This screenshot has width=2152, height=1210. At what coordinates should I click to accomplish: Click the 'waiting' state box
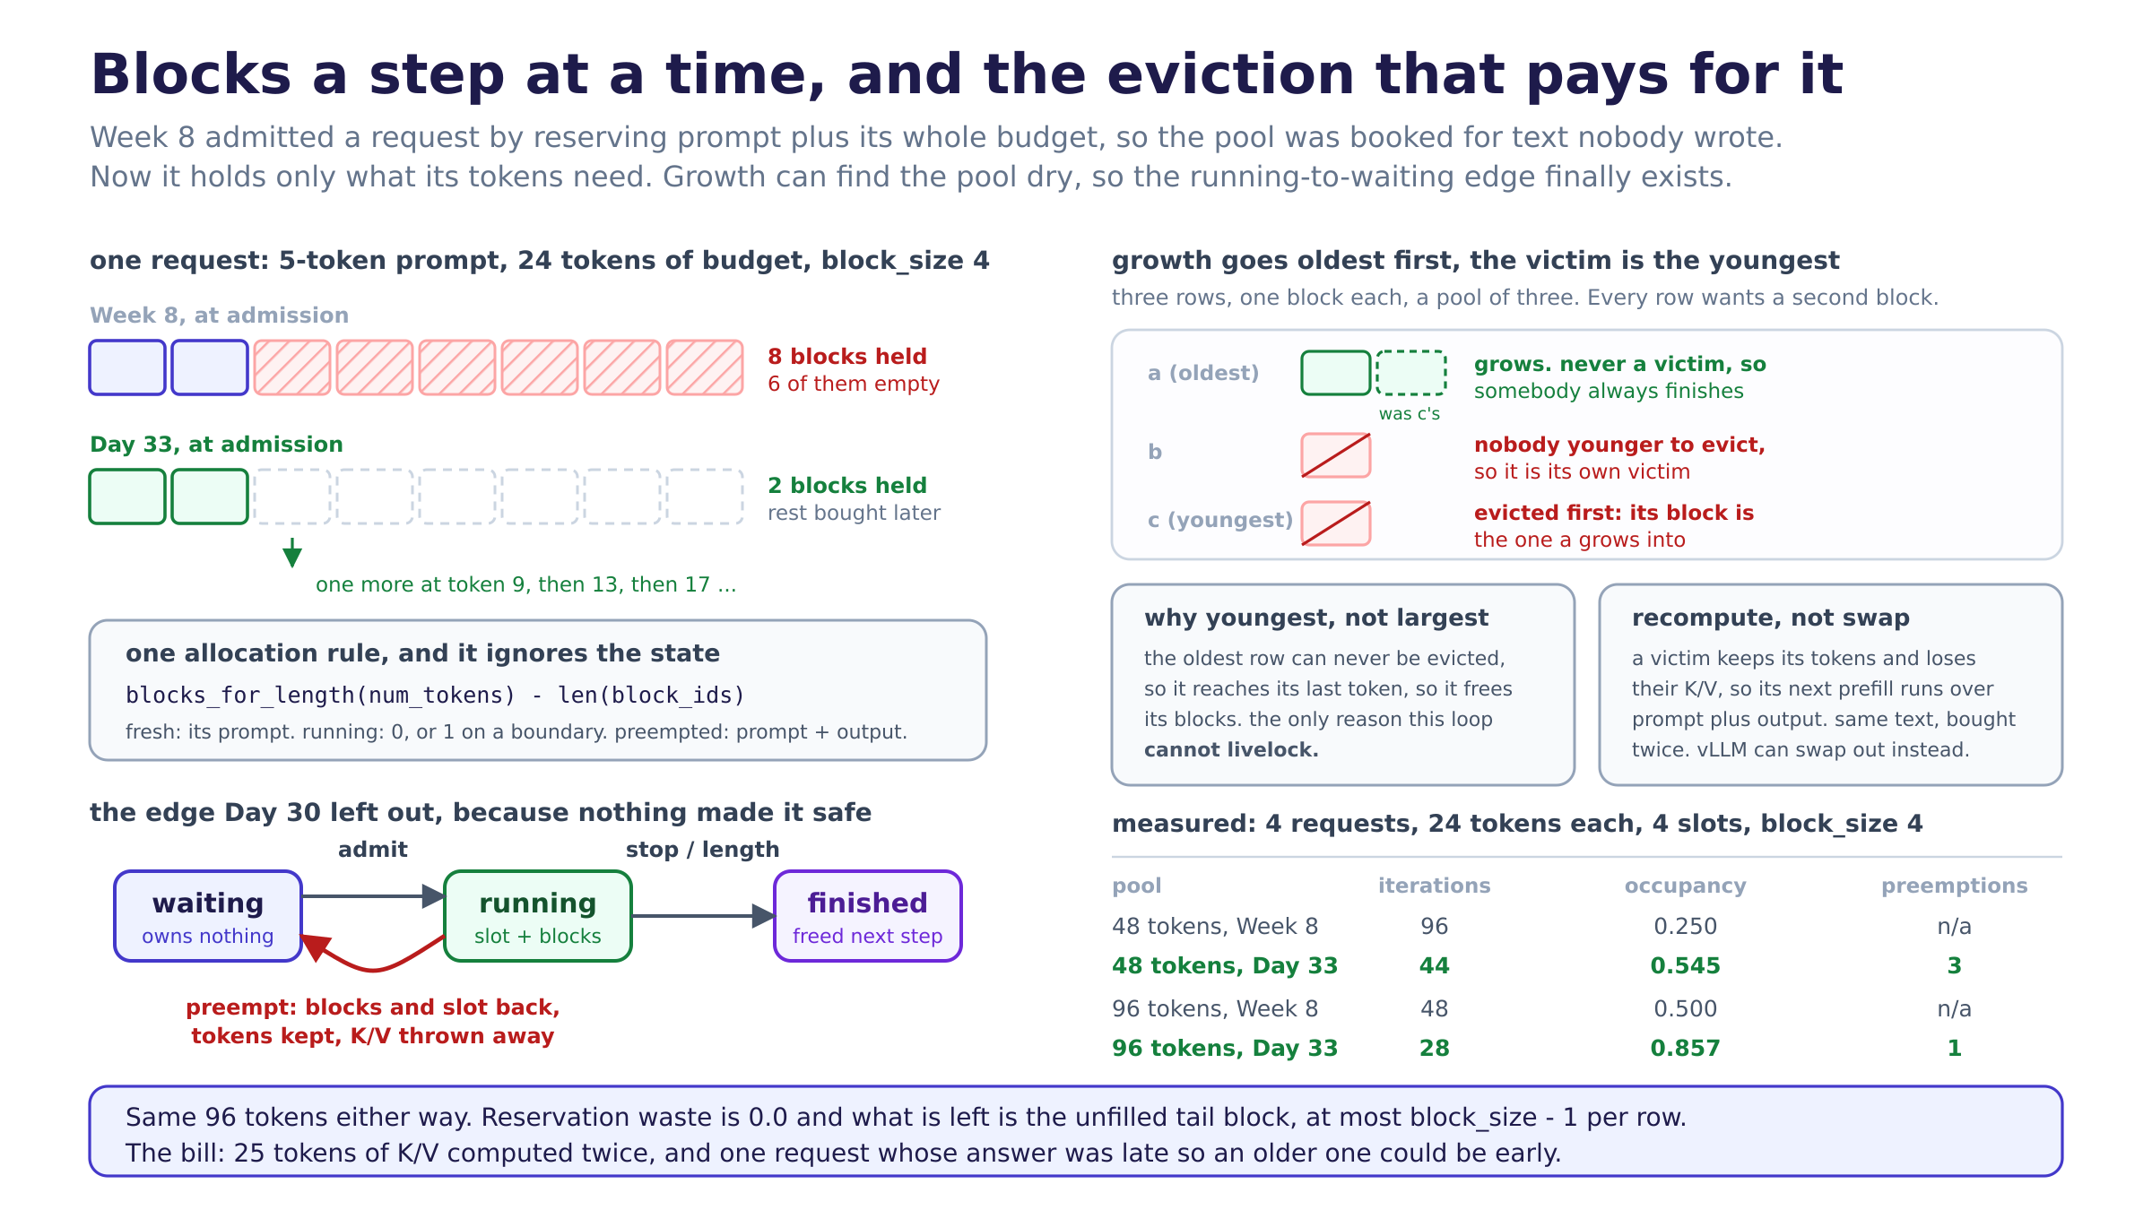pyautogui.click(x=208, y=916)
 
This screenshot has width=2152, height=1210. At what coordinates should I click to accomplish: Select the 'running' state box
pyautogui.click(x=538, y=916)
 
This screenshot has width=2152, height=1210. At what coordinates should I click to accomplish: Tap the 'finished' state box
pyautogui.click(x=868, y=916)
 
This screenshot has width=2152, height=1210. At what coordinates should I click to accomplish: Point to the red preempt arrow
pyautogui.click(x=371, y=969)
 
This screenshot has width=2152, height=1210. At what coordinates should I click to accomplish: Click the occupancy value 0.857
pyautogui.click(x=1685, y=1048)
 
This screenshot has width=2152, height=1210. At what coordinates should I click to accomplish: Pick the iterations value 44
pyautogui.click(x=1434, y=965)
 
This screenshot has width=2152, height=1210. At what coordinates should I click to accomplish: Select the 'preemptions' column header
pyautogui.click(x=1954, y=886)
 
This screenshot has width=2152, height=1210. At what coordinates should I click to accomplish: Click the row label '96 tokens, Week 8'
pyautogui.click(x=1215, y=1008)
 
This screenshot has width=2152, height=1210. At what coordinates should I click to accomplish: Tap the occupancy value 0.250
pyautogui.click(x=1685, y=926)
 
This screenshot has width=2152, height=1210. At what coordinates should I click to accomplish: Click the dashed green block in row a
pyautogui.click(x=1411, y=373)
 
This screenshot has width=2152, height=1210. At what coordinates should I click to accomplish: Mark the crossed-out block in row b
pyautogui.click(x=1336, y=455)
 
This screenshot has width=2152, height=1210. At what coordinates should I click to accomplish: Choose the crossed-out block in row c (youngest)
pyautogui.click(x=1336, y=523)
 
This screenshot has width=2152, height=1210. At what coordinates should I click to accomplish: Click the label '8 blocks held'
pyautogui.click(x=847, y=357)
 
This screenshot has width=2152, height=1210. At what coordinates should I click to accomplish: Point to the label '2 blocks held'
pyautogui.click(x=847, y=486)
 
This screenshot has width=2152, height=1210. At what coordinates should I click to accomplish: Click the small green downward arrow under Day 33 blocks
pyautogui.click(x=292, y=552)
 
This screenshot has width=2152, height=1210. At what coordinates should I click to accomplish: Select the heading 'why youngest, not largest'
pyautogui.click(x=1316, y=618)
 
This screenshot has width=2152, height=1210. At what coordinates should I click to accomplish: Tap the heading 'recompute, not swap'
pyautogui.click(x=1771, y=618)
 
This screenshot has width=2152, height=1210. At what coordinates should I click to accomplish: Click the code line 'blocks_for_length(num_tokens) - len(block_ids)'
pyautogui.click(x=436, y=696)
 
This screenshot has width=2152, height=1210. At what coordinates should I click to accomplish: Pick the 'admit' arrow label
pyautogui.click(x=373, y=849)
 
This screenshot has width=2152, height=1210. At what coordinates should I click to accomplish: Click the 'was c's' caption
pyautogui.click(x=1410, y=413)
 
